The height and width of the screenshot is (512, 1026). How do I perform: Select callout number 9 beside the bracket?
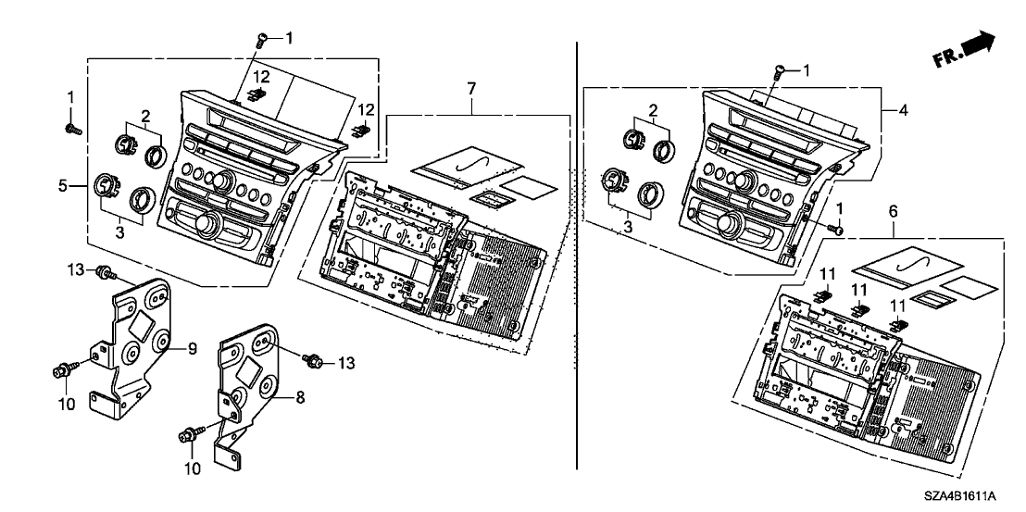point(194,348)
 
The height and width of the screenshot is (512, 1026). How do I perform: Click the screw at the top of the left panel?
point(262,39)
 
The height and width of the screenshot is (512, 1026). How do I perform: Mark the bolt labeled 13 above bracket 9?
point(107,272)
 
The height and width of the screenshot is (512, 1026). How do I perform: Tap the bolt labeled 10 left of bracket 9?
point(61,371)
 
